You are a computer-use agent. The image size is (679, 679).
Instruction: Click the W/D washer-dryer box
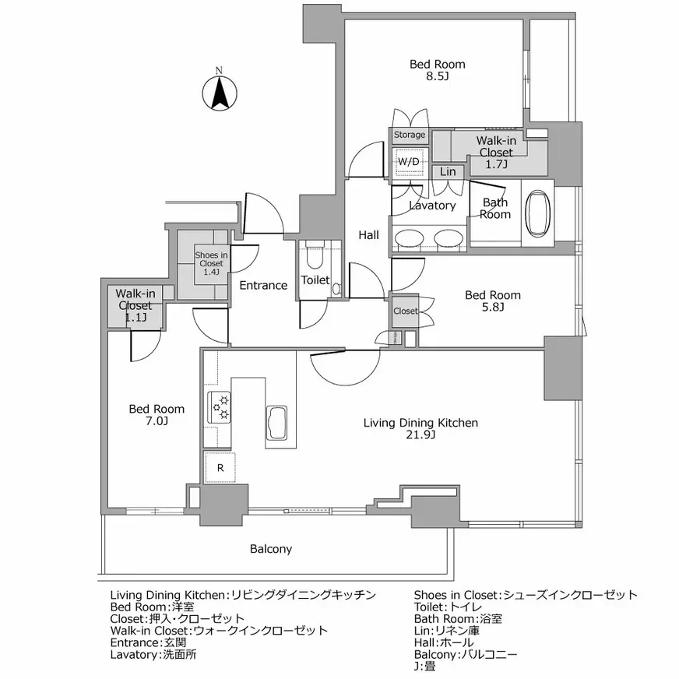[x=409, y=162]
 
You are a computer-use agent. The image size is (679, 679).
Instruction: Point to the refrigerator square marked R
[x=220, y=468]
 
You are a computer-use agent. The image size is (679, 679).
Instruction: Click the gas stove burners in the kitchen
[x=219, y=404]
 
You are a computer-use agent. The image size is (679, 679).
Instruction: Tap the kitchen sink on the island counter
[x=278, y=424]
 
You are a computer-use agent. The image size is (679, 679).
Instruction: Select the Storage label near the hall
[x=409, y=135]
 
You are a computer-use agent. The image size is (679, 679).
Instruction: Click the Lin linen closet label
[x=448, y=171]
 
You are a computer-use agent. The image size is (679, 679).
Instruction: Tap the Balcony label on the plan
[x=271, y=549]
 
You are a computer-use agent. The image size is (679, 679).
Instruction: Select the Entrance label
[x=263, y=285]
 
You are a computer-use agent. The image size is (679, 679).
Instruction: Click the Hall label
[x=368, y=234]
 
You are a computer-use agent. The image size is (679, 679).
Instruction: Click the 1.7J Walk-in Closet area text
[x=495, y=164]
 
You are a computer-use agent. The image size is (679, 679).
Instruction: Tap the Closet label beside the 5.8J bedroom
[x=405, y=311]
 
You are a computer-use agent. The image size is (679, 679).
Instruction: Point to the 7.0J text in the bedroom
[x=157, y=421]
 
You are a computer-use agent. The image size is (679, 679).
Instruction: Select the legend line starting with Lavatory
[x=153, y=655]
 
